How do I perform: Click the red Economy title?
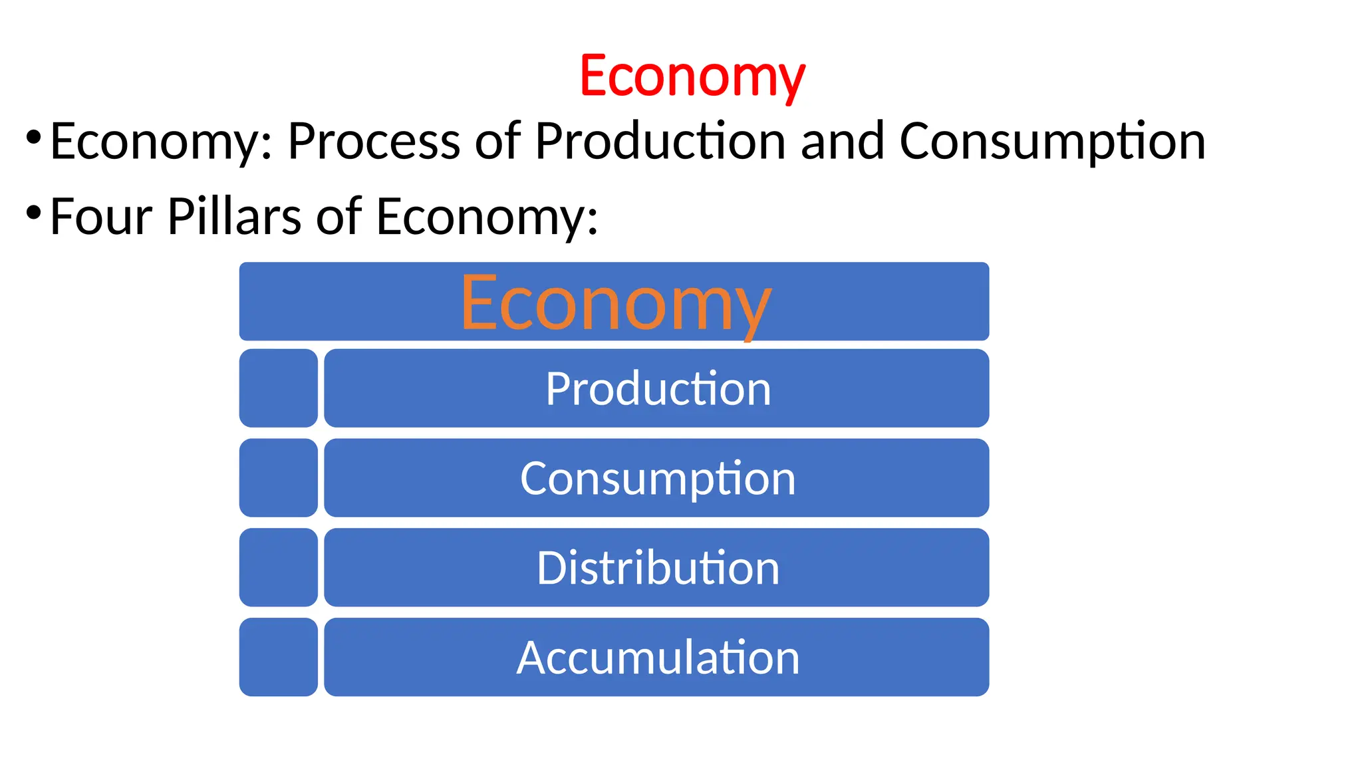(692, 76)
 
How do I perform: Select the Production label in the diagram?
(658, 388)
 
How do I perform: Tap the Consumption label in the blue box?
(658, 478)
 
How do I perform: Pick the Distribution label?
(658, 568)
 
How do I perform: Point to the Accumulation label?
(658, 658)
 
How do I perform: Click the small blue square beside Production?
(278, 388)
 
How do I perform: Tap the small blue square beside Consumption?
(278, 478)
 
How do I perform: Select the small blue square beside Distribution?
(278, 568)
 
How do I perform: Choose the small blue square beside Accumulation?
(278, 658)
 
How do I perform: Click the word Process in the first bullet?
(373, 141)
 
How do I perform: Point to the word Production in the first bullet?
(660, 141)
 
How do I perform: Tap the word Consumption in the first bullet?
(1052, 141)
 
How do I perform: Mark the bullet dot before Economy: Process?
(33, 138)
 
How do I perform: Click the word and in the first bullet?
(843, 141)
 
